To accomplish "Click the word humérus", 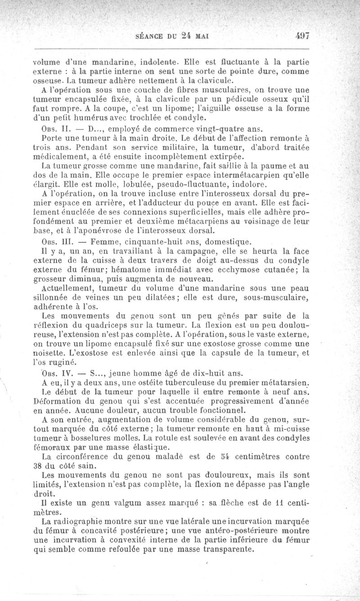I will (87, 118).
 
